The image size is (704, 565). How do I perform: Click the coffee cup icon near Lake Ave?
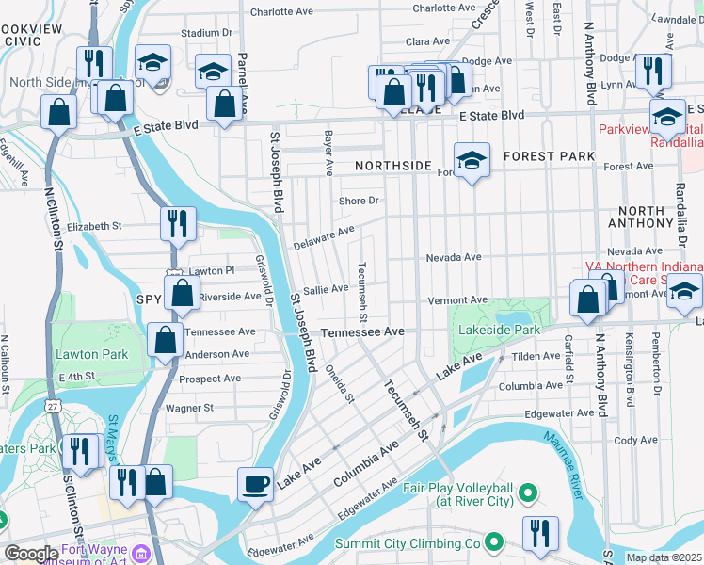pos(255,485)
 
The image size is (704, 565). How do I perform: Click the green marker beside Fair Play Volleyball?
pos(528,492)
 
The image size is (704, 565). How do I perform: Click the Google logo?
pos(30,554)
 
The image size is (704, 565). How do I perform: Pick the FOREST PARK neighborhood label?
pos(549,155)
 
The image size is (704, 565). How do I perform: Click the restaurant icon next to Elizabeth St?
pos(177,224)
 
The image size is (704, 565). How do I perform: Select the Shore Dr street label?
pos(359,201)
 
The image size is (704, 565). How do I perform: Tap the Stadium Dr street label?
pos(200,33)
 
